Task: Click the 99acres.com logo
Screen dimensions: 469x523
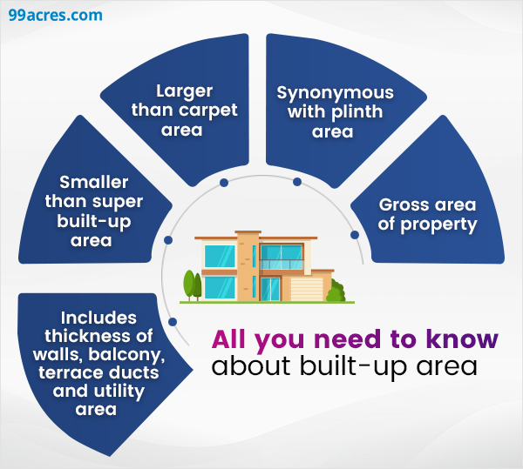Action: coord(55,16)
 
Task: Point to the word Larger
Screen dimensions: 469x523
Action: coord(184,90)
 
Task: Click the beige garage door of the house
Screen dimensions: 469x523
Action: coord(306,288)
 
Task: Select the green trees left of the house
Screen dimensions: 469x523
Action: coord(192,285)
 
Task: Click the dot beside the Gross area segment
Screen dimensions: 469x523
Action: coord(354,235)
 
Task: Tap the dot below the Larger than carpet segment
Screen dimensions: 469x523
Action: coord(224,183)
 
